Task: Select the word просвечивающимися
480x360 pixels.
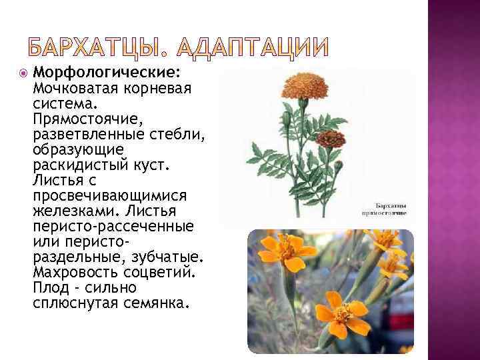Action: (109, 195)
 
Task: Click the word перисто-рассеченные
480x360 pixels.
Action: (113, 226)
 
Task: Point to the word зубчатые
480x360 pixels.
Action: (170, 257)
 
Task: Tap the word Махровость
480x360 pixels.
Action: (75, 272)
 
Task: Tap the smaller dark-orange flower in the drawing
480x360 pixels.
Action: (331, 139)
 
